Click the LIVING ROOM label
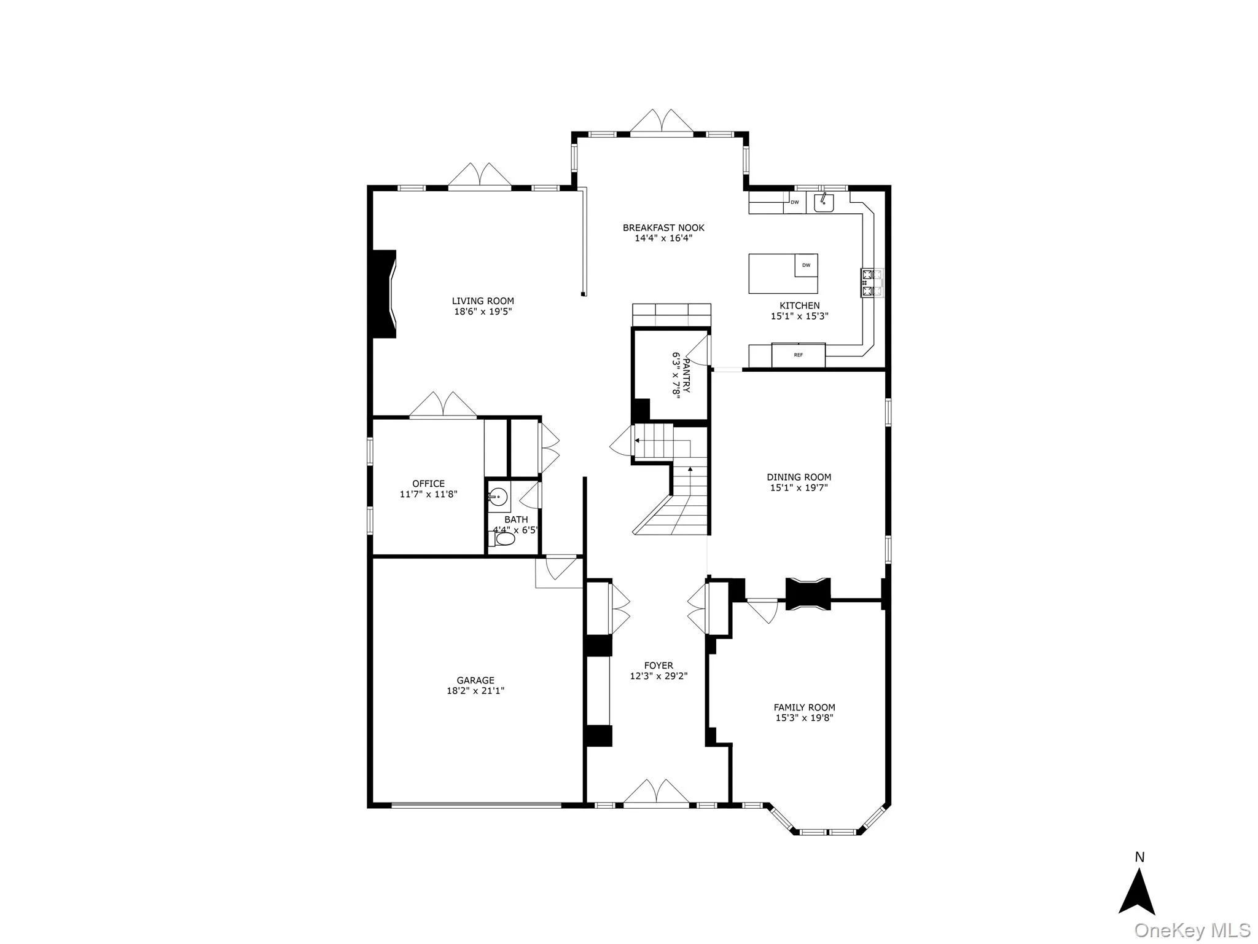point(483,301)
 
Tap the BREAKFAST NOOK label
point(663,227)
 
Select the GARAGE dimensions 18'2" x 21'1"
point(475,691)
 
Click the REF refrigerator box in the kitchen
point(798,355)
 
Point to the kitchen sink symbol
point(823,202)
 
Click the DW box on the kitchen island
point(806,265)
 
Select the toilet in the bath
point(504,540)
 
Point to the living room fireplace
point(384,293)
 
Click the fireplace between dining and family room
point(808,594)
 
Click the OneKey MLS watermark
point(1192,930)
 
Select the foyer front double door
point(655,793)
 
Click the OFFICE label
point(428,484)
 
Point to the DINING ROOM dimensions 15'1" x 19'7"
point(799,488)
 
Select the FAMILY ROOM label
point(804,707)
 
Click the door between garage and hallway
point(559,568)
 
